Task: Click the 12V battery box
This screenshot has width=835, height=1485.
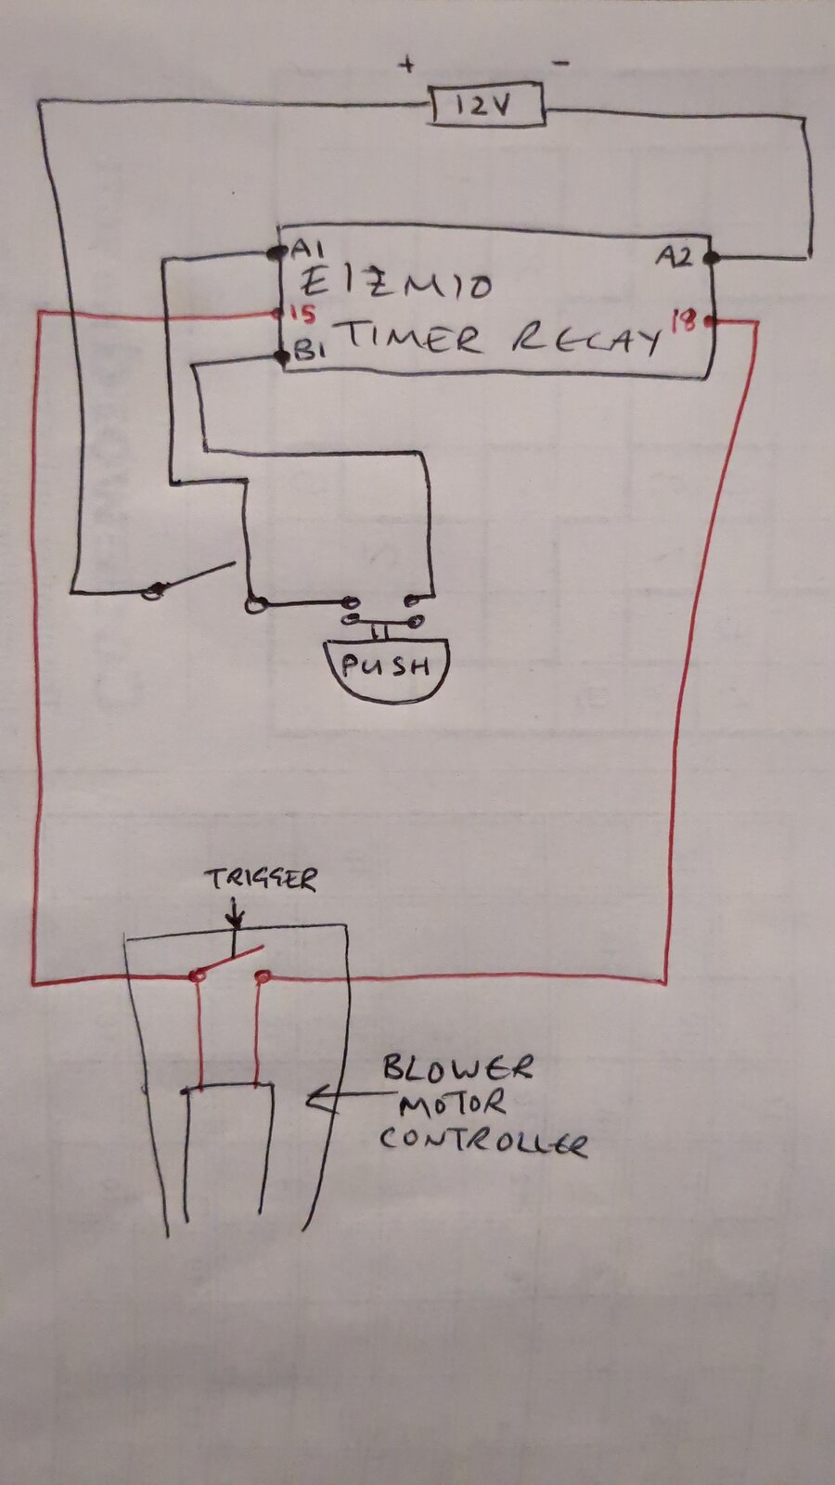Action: click(488, 105)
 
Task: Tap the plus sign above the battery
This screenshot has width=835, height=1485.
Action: click(407, 65)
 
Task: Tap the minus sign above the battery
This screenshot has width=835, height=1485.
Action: click(560, 63)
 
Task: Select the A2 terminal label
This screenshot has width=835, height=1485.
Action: click(675, 256)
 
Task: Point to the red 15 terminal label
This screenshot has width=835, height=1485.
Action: click(302, 315)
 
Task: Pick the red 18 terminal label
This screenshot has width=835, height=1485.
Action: click(685, 320)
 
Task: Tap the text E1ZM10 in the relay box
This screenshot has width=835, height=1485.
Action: click(396, 284)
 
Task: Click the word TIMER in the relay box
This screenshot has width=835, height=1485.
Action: click(412, 337)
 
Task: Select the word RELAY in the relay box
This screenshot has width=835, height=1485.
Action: click(586, 340)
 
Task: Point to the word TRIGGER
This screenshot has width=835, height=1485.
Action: click(261, 880)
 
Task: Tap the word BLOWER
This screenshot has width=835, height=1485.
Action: click(457, 1068)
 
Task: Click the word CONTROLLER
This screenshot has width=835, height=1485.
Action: click(483, 1141)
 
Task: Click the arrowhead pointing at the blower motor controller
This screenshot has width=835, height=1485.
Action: click(318, 1102)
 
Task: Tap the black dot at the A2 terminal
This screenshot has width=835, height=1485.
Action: click(711, 258)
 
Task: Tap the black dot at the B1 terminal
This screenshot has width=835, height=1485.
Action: click(283, 356)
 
